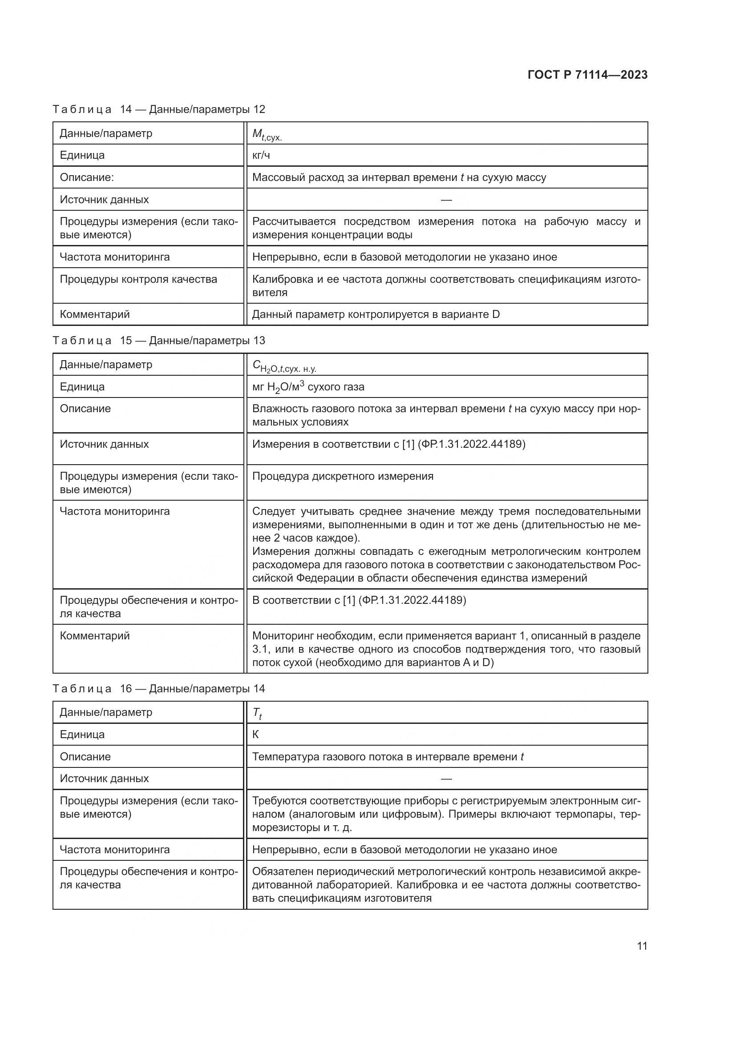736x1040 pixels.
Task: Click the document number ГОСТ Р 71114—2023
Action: [x=587, y=75]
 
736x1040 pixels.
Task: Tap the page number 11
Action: [x=642, y=946]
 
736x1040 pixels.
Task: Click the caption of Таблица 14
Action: [x=158, y=109]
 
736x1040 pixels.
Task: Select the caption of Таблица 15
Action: [x=158, y=341]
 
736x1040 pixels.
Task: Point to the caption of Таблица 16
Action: [x=158, y=688]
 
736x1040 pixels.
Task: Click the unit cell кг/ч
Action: [x=261, y=155]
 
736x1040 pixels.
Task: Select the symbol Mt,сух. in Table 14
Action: [x=267, y=134]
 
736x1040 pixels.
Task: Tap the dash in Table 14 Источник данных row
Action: [x=446, y=200]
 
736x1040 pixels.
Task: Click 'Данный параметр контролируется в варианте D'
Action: [x=376, y=314]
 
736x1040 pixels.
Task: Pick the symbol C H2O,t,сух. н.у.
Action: [x=284, y=366]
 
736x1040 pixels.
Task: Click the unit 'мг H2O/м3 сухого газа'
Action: [x=308, y=387]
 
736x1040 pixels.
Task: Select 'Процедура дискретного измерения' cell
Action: [x=343, y=476]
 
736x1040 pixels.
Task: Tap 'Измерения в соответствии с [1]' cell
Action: [x=388, y=444]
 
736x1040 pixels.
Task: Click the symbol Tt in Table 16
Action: [x=257, y=713]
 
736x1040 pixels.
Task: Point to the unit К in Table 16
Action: [x=255, y=735]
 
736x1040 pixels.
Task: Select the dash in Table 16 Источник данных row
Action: [x=446, y=779]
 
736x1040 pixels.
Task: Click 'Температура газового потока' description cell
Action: [x=388, y=756]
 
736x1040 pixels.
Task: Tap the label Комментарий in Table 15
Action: [x=95, y=635]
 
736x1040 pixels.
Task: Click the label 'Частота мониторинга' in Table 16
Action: [x=115, y=849]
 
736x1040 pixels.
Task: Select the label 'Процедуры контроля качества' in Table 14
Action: [x=138, y=280]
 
